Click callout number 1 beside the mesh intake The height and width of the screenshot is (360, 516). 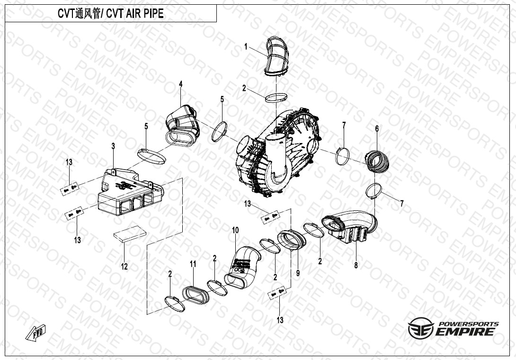[246, 47]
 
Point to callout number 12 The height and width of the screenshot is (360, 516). [124, 266]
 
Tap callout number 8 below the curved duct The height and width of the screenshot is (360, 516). [356, 265]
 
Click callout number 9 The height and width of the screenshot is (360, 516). [298, 273]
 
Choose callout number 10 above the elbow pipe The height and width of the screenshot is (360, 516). [235, 230]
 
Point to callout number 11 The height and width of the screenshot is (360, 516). [193, 264]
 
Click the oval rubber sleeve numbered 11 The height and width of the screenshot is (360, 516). [196, 295]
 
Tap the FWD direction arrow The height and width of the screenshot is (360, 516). [36, 333]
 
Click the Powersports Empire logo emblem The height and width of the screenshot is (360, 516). [420, 328]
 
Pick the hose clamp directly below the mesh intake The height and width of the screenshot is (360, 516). [276, 98]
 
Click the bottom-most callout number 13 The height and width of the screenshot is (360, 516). [280, 320]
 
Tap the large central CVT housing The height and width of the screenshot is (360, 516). [278, 152]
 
